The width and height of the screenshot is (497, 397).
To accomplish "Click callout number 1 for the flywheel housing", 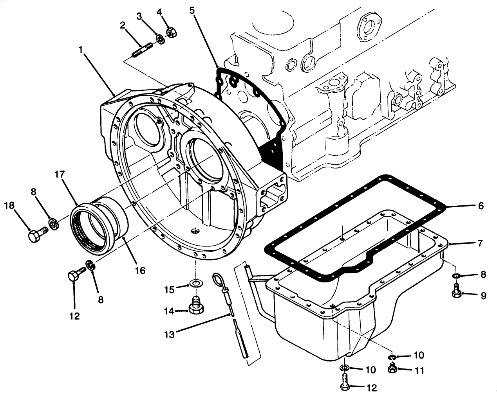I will [81, 50].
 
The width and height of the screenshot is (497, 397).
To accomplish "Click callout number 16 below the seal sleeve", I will [140, 270].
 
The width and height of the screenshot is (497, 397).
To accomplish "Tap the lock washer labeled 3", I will [160, 39].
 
